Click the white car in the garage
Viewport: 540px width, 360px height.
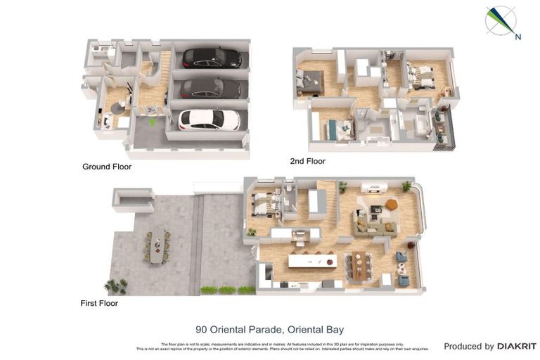click(209, 120)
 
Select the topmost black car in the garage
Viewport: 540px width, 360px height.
click(212, 57)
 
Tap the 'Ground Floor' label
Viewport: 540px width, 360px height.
click(107, 167)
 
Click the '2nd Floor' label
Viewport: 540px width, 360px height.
click(308, 161)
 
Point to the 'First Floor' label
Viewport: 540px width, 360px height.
click(99, 303)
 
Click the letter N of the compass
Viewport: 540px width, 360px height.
click(518, 37)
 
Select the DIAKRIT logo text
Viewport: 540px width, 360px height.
click(516, 346)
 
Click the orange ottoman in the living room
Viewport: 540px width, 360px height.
click(392, 205)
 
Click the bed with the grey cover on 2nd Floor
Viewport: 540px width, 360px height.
click(310, 80)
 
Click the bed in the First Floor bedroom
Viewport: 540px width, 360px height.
click(265, 203)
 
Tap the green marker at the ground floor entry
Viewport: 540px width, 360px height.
click(152, 122)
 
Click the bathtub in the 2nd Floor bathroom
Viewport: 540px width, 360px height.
click(422, 127)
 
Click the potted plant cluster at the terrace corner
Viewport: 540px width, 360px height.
click(117, 285)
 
